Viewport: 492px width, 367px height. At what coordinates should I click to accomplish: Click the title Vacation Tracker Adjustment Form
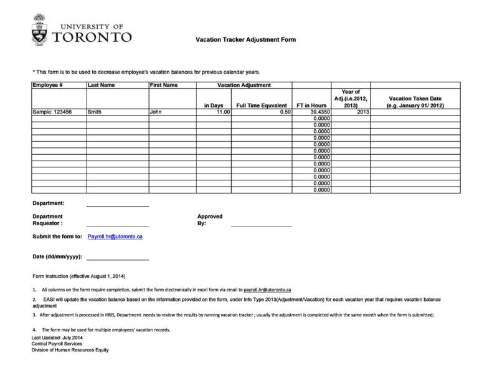[245, 40]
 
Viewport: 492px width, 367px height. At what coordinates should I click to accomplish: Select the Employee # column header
[47, 85]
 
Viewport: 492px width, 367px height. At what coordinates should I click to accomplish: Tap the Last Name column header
[102, 85]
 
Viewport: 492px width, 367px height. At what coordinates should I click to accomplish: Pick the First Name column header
[164, 85]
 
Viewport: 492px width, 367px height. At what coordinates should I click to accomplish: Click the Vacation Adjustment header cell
[244, 85]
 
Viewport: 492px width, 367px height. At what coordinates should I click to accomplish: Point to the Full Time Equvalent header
[262, 105]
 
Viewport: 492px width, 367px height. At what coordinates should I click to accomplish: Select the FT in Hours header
[311, 105]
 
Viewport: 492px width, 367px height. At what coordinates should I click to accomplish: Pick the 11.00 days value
[222, 112]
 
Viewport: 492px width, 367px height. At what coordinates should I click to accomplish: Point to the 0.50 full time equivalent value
[286, 112]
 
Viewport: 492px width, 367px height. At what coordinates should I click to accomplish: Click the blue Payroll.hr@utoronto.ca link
[116, 237]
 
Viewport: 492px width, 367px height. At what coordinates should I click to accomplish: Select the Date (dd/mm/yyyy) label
[57, 257]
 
